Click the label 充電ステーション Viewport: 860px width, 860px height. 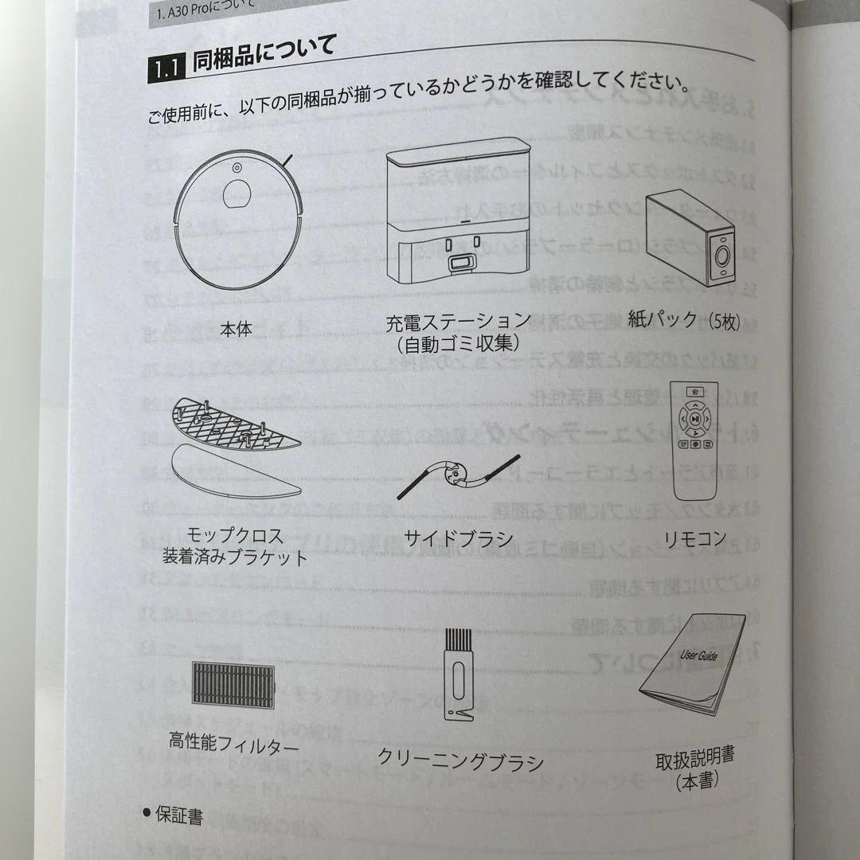(x=458, y=322)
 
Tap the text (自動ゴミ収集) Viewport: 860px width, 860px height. (x=458, y=344)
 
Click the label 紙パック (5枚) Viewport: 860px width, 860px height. (x=685, y=322)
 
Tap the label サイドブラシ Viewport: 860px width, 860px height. (x=458, y=538)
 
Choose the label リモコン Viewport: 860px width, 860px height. (x=695, y=539)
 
